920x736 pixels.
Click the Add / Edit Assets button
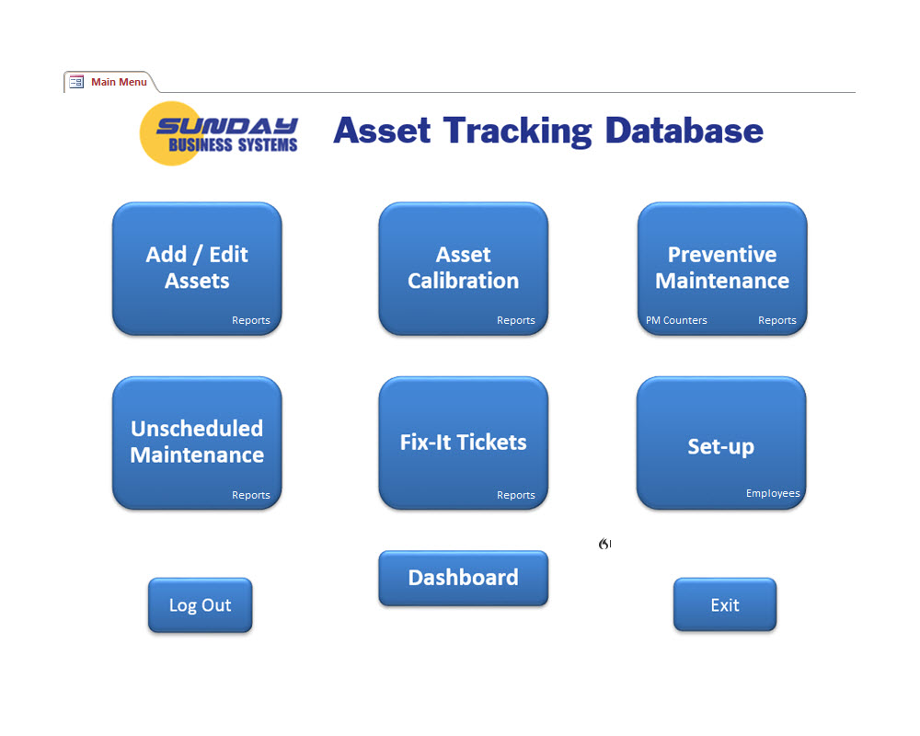pos(197,267)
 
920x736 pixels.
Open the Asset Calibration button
pos(463,267)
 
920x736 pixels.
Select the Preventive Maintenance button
pos(722,267)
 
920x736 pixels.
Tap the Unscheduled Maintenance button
pos(197,441)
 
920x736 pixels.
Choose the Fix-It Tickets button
pos(463,442)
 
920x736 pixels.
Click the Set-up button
pos(721,446)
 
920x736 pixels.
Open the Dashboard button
pos(463,578)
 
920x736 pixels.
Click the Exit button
pos(725,604)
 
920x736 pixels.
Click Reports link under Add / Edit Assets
pos(251,320)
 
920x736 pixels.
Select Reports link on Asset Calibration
pos(516,320)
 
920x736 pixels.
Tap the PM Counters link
pos(676,320)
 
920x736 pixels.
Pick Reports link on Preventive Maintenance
pos(777,320)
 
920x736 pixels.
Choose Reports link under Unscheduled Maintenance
pos(251,495)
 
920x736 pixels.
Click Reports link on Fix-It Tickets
pos(516,495)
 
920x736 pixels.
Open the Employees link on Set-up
pos(773,493)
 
